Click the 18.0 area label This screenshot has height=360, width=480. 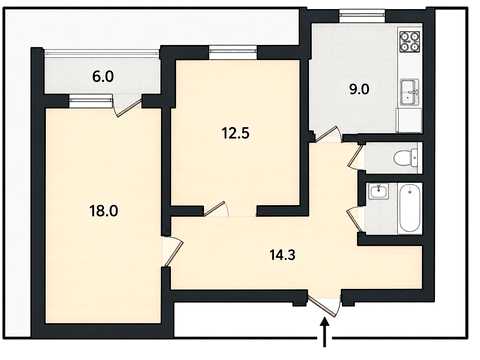tap(103, 211)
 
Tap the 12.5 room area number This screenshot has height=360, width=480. tap(236, 133)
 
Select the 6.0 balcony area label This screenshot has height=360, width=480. tap(103, 77)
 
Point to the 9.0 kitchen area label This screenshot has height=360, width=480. tap(359, 89)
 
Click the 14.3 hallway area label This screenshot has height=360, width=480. tap(283, 255)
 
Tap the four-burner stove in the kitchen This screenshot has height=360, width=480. tap(409, 41)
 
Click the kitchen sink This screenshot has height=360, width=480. tap(409, 92)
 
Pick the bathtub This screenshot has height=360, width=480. tap(409, 209)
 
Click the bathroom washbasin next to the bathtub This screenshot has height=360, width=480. tap(379, 191)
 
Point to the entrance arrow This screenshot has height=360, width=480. tap(325, 332)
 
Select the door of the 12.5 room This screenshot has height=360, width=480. tap(216, 209)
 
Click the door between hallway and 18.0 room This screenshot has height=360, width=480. tap(173, 251)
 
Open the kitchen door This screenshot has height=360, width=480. tap(326, 135)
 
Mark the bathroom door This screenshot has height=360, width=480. tap(355, 219)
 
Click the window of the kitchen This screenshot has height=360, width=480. tap(362, 15)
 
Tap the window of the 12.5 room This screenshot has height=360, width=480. tap(234, 52)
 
